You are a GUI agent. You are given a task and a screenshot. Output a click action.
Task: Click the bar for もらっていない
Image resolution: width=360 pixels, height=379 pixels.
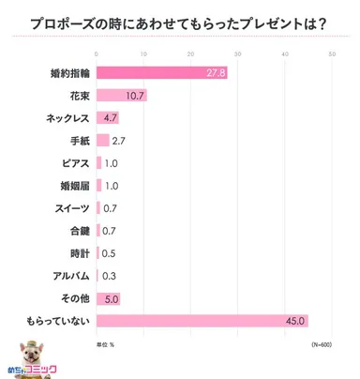point(201,321)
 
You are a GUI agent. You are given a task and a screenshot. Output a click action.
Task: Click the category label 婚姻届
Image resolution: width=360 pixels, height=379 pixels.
point(75,186)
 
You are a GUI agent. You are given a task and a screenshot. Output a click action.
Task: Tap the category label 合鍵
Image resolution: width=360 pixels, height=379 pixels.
point(79,231)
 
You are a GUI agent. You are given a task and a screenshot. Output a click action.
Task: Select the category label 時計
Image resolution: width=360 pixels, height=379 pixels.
point(79,253)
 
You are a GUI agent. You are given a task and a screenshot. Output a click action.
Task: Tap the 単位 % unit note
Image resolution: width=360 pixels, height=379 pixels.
point(106,344)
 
